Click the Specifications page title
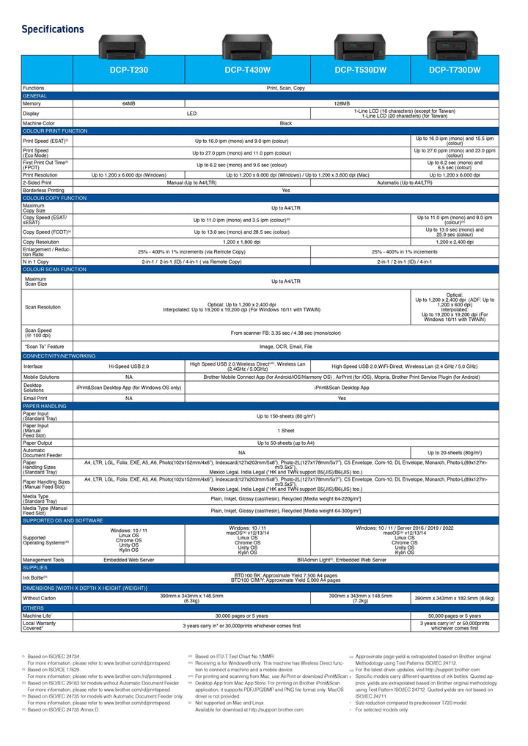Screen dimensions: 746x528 click(x=53, y=29)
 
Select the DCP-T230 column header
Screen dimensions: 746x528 click(x=128, y=70)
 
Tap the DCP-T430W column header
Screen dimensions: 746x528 click(x=247, y=70)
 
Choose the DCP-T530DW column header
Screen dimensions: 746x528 click(x=359, y=70)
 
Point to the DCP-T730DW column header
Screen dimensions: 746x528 click(x=455, y=70)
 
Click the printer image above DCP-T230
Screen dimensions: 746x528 click(x=122, y=45)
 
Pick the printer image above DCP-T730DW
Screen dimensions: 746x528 click(x=453, y=44)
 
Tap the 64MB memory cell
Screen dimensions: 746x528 click(x=128, y=104)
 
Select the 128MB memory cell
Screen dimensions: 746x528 click(x=342, y=104)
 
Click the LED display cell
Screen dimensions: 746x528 click(x=191, y=114)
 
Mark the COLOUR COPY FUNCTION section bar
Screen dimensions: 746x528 click(x=55, y=198)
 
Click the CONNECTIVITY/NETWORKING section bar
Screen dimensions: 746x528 click(x=59, y=355)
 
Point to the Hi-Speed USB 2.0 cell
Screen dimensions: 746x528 click(x=128, y=366)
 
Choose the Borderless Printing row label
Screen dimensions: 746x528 click(x=43, y=190)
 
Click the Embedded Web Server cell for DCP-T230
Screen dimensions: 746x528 click(x=128, y=559)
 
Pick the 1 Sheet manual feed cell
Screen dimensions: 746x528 click(x=285, y=431)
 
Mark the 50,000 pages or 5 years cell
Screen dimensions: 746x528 click(x=455, y=616)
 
